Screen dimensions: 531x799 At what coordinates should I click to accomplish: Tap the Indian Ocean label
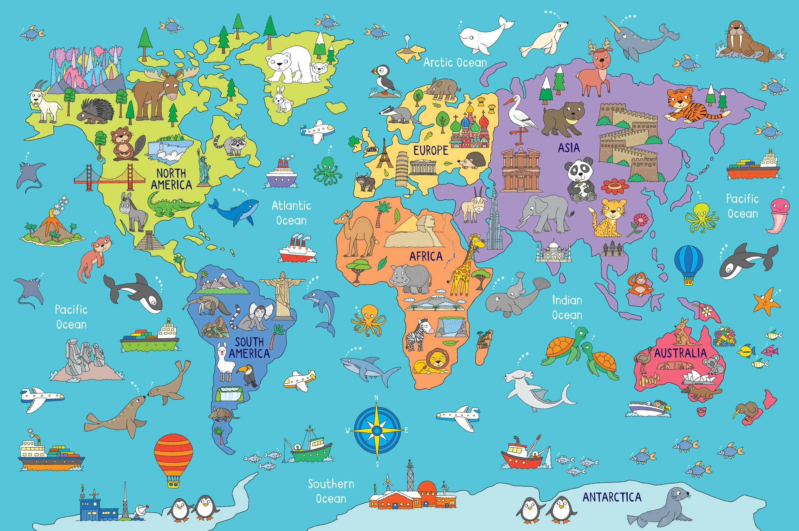(567, 307)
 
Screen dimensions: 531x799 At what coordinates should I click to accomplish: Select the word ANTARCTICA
(612, 497)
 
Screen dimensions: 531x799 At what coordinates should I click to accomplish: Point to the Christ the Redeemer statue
(282, 295)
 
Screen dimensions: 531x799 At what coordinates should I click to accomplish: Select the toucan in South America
(249, 374)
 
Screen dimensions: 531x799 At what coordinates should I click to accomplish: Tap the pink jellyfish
(780, 215)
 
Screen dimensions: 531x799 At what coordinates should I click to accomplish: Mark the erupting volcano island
(52, 227)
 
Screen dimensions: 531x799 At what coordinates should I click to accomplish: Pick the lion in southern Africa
(432, 362)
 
